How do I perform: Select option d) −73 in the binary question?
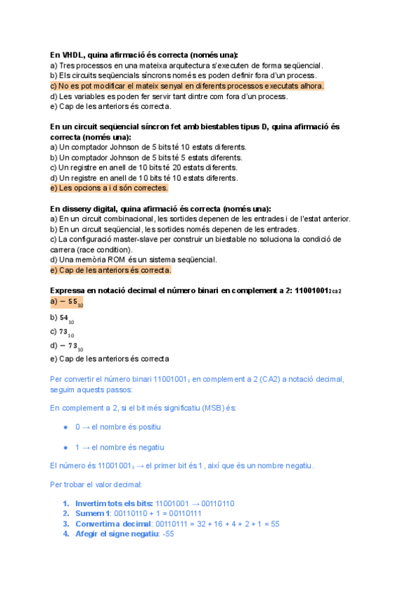click(67, 346)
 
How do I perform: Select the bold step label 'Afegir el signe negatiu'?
click(116, 534)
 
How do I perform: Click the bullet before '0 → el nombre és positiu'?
click(66, 426)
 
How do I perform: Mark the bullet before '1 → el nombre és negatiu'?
click(66, 447)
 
